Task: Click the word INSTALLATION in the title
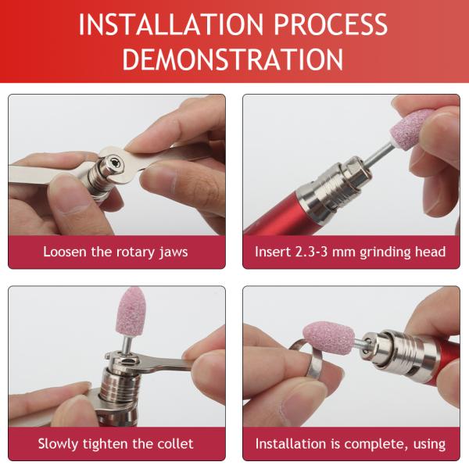tap(170, 24)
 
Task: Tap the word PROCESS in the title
tap(331, 24)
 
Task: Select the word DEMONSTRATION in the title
tap(233, 59)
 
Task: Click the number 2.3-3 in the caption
tap(312, 252)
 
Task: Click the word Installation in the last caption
tap(291, 443)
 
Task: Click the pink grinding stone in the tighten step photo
tap(129, 311)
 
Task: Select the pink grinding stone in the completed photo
tap(329, 336)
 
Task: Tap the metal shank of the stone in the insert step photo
tap(378, 156)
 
